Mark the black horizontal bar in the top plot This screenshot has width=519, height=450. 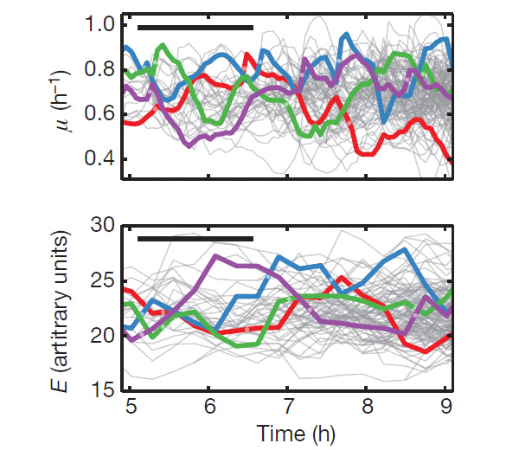pyautogui.click(x=195, y=28)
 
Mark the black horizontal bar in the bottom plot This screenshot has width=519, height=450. pyautogui.click(x=195, y=239)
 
